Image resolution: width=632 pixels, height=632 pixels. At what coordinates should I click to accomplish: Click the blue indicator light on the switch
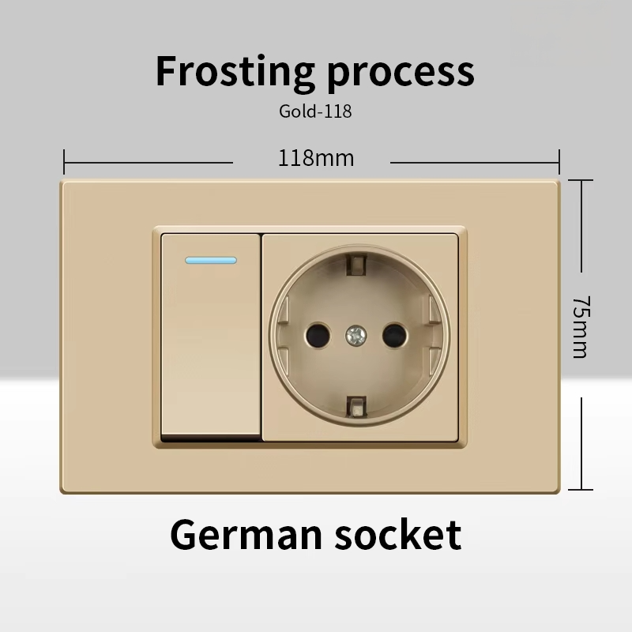click(x=211, y=261)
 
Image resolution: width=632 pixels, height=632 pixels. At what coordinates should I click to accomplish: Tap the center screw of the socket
click(x=356, y=335)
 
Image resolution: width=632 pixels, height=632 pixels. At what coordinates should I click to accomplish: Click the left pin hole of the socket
click(x=318, y=335)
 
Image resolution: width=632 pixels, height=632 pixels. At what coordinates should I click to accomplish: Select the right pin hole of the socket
click(x=394, y=335)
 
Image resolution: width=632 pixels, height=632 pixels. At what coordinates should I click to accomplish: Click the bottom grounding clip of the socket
click(x=356, y=407)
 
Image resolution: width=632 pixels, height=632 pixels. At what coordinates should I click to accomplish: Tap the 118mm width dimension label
click(x=316, y=158)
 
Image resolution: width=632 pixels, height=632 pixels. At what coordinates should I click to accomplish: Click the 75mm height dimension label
click(x=581, y=327)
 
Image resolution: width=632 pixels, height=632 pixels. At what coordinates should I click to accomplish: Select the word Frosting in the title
click(x=235, y=71)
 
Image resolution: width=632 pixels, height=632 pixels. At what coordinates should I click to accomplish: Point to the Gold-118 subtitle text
click(x=315, y=111)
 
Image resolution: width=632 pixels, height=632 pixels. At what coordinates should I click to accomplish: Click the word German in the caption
click(x=246, y=535)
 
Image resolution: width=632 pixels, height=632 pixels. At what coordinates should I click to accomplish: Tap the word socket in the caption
click(x=398, y=534)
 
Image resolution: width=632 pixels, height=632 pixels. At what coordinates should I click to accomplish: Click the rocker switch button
click(x=211, y=335)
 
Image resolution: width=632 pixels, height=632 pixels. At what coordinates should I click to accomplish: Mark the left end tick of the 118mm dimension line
click(x=64, y=162)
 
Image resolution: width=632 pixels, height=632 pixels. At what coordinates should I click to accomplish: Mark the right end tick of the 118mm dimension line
click(x=559, y=162)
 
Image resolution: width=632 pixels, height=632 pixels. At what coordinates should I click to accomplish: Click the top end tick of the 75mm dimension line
click(x=581, y=180)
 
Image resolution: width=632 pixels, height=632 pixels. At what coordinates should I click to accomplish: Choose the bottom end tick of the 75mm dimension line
click(x=581, y=489)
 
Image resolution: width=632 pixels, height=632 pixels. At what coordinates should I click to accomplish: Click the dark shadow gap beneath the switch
click(x=211, y=438)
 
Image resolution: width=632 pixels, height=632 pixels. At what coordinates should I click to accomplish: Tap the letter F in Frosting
click(x=167, y=71)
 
